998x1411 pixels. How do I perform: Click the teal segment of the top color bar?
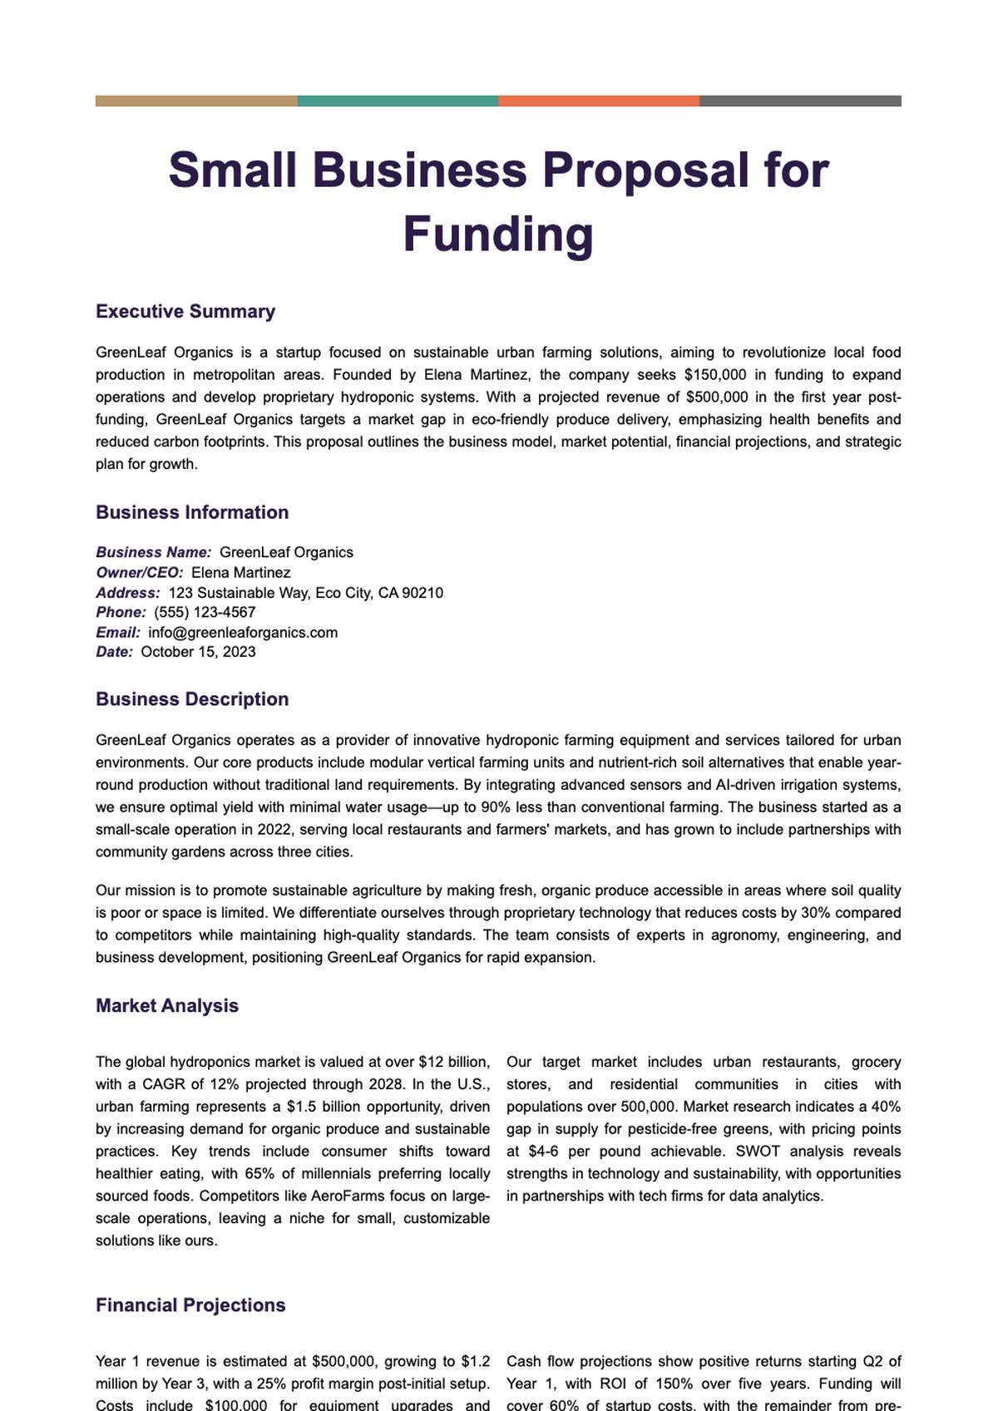[398, 101]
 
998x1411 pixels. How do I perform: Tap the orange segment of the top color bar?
[599, 101]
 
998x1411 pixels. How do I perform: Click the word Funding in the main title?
[498, 234]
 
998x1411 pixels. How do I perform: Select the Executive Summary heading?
[185, 312]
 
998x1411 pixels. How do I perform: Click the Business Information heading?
[192, 513]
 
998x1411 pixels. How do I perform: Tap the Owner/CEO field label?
[140, 573]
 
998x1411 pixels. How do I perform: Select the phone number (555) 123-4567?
[205, 613]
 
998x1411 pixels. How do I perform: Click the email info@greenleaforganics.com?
[243, 633]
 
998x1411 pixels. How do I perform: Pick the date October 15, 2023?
[198, 653]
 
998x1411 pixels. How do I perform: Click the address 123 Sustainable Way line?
[305, 593]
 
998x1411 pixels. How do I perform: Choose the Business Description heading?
[192, 700]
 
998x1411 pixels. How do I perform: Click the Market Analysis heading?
[167, 1006]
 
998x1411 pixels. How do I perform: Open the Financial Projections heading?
[190, 1305]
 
